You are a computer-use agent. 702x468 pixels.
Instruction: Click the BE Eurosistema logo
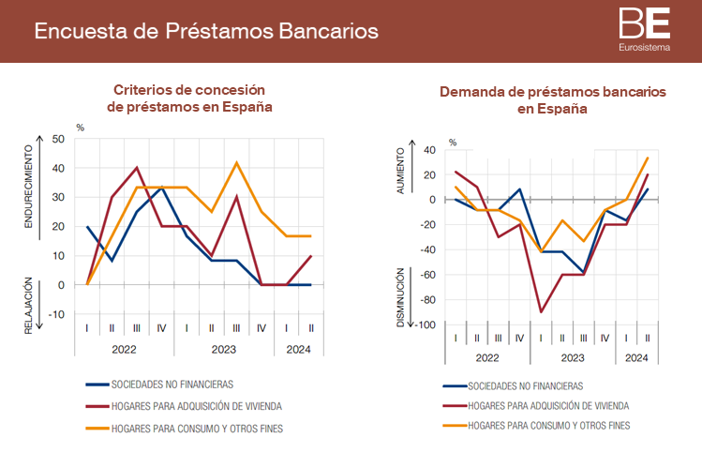pos(644,29)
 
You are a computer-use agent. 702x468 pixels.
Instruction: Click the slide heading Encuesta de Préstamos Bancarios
pos(206,31)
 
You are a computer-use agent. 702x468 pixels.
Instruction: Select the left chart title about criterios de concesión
pos(189,98)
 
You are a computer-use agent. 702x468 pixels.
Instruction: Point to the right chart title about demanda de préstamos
pos(552,100)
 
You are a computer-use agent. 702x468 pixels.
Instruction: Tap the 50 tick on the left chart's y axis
pos(58,140)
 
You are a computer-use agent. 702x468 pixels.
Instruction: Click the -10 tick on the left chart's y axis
pos(56,314)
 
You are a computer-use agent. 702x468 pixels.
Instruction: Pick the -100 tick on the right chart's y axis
pos(426,325)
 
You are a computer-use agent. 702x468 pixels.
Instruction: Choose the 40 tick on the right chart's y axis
pos(430,150)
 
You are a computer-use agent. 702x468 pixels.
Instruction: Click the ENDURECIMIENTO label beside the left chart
pos(28,187)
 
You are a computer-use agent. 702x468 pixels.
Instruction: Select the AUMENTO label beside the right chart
pos(401,171)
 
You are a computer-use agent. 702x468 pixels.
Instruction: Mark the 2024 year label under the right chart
pos(635,358)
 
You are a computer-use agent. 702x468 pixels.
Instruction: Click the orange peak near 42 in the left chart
pos(236,163)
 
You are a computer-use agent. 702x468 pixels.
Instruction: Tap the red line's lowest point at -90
pos(542,312)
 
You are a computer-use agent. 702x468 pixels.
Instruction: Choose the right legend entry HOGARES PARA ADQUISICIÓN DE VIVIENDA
pos(548,406)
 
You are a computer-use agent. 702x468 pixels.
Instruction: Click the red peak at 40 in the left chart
pos(137,168)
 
